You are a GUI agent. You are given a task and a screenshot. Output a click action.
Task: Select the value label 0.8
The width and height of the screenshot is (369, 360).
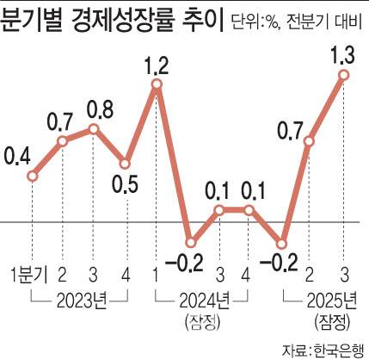(x=95, y=110)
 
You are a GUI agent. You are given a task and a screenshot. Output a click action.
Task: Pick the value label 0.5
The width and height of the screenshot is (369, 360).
(x=126, y=186)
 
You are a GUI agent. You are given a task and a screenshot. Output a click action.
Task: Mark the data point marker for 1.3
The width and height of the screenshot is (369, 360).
(x=344, y=75)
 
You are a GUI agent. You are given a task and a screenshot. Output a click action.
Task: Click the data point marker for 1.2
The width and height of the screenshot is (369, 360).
(x=157, y=84)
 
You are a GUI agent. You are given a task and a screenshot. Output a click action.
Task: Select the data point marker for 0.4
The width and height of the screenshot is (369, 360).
(x=32, y=176)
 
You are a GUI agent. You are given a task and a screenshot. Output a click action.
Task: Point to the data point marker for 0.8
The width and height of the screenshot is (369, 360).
(x=95, y=129)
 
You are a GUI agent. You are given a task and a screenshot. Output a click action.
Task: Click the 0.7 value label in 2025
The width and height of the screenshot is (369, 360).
(x=290, y=131)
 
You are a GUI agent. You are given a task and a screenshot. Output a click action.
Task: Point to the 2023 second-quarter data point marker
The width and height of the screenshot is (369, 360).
(x=63, y=140)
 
